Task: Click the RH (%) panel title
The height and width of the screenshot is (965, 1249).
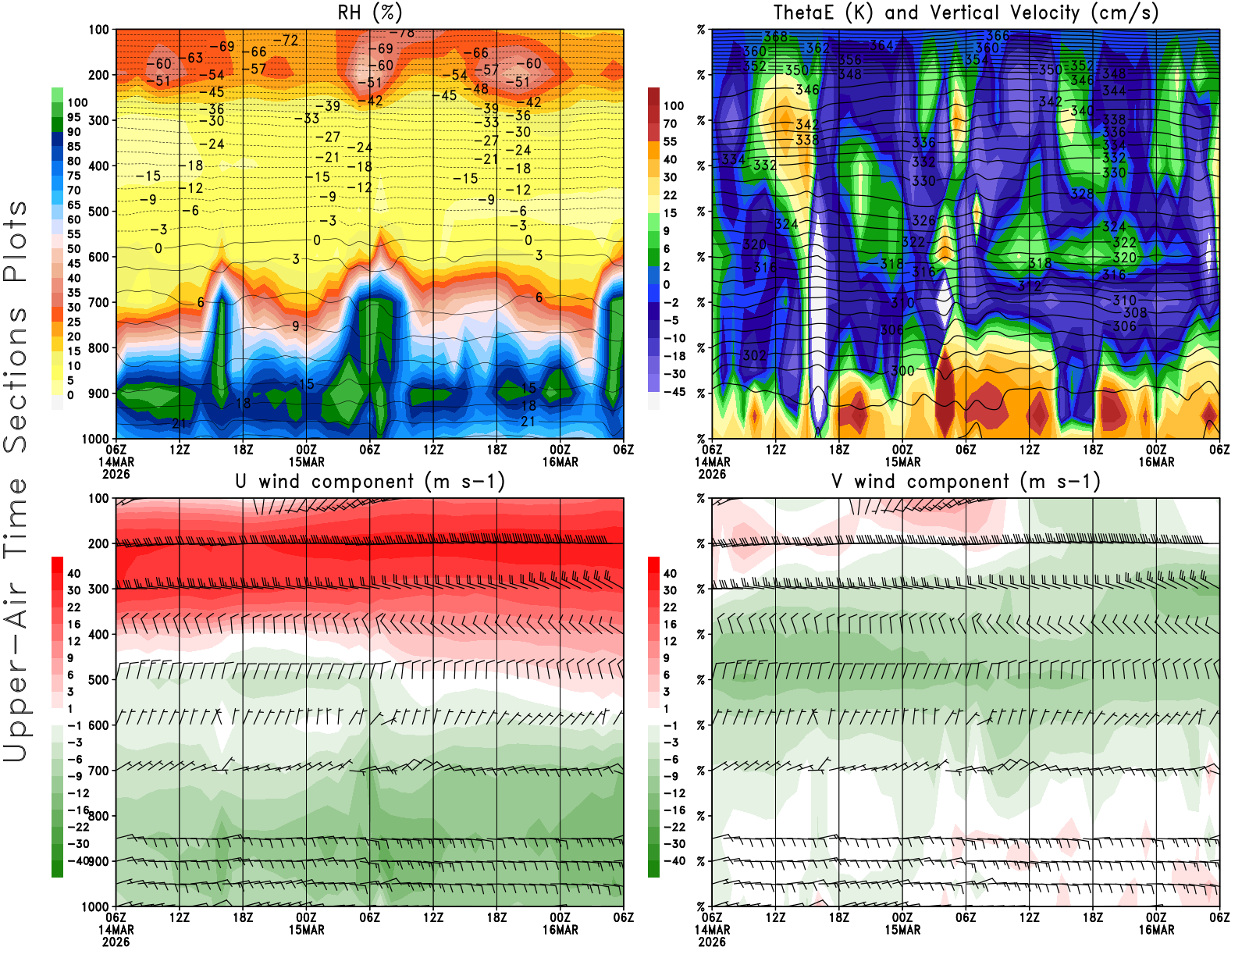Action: tap(369, 12)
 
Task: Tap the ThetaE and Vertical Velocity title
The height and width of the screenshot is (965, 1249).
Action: tap(966, 12)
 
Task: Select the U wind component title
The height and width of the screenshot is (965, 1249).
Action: tap(370, 482)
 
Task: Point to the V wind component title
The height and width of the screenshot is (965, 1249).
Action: tap(966, 482)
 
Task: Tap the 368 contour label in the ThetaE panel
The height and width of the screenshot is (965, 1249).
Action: tap(775, 37)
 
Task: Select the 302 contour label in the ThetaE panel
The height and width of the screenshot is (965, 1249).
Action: tap(754, 355)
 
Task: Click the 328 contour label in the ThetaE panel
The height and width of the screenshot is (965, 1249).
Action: tap(1082, 194)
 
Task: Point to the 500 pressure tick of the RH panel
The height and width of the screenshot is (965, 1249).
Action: tap(99, 212)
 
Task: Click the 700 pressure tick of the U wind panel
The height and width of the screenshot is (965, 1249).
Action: tap(99, 771)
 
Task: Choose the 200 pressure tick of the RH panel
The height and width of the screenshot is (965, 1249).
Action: tap(99, 75)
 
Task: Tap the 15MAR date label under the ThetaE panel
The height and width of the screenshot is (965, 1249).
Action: tap(902, 461)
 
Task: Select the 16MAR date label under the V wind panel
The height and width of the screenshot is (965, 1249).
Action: tap(1156, 930)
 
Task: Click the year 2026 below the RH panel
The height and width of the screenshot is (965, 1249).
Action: tap(116, 474)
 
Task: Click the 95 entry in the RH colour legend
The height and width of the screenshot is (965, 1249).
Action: tap(73, 117)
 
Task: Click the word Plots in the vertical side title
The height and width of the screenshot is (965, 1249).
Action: tap(16, 241)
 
